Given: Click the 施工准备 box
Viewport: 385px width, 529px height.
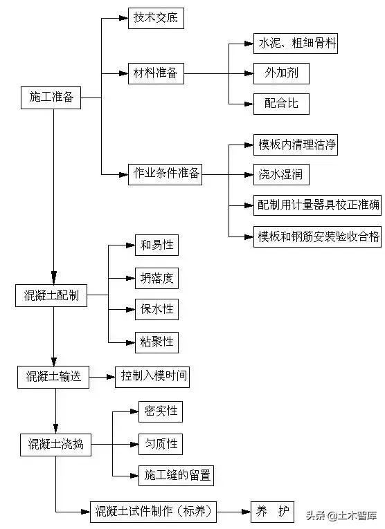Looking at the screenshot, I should pyautogui.click(x=51, y=99).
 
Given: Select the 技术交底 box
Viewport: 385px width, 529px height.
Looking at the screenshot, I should pyautogui.click(x=156, y=18).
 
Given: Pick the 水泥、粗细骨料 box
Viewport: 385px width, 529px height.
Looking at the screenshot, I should pyautogui.click(x=296, y=45).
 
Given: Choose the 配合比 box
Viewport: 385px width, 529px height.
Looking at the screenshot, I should pyautogui.click(x=276, y=103).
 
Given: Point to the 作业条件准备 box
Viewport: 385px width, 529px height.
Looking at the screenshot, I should pyautogui.click(x=165, y=174).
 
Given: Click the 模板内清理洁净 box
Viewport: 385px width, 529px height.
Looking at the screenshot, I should pyautogui.click(x=298, y=145).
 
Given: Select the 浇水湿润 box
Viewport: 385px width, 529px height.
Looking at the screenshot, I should pyautogui.click(x=281, y=174).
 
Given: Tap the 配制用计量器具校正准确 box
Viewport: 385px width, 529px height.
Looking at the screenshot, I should pyautogui.click(x=317, y=205).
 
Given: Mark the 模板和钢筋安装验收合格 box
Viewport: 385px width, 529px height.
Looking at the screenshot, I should pyautogui.click(x=317, y=236).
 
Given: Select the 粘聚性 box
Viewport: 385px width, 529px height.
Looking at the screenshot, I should pyautogui.click(x=156, y=341).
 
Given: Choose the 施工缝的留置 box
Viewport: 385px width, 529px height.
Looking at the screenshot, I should pyautogui.click(x=176, y=475).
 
